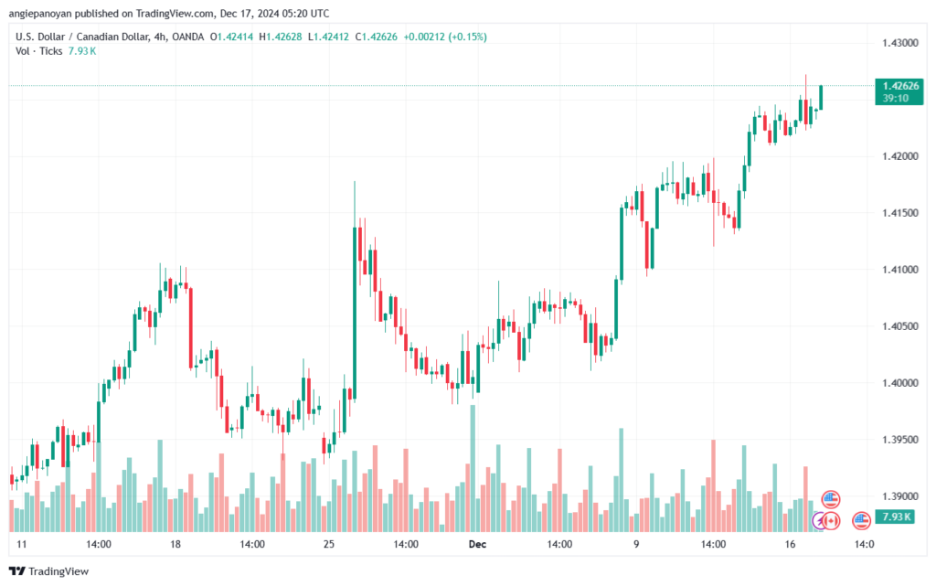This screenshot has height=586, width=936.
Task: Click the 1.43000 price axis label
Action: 900,43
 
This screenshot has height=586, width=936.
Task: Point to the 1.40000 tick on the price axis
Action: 900,383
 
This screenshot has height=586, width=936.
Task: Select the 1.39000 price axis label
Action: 900,496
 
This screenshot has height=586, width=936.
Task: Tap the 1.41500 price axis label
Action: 900,213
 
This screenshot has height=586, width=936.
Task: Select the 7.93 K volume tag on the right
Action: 895,517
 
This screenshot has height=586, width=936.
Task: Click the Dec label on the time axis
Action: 477,544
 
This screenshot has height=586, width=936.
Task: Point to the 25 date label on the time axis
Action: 329,544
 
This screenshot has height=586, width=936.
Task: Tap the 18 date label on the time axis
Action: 175,544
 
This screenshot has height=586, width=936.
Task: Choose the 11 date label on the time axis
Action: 22,544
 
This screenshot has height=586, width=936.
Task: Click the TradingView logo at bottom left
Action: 49,571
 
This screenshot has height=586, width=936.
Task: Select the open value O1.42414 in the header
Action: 231,37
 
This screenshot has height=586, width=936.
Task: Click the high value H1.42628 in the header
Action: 281,37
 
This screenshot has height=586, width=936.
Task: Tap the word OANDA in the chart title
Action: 188,37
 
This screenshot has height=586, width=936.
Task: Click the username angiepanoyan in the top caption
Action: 40,14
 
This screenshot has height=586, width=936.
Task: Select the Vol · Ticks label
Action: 38,51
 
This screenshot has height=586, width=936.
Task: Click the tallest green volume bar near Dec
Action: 473,468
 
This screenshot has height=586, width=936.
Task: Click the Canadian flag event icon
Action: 830,521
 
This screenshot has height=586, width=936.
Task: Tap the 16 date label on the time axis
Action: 790,544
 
